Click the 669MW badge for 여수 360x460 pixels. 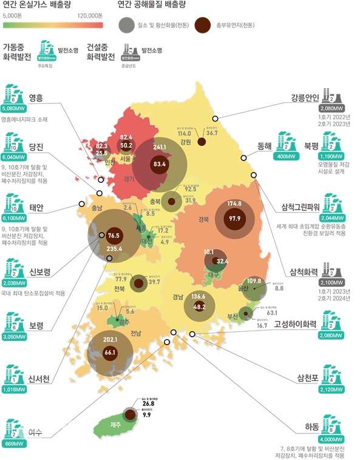tap(14, 444)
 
